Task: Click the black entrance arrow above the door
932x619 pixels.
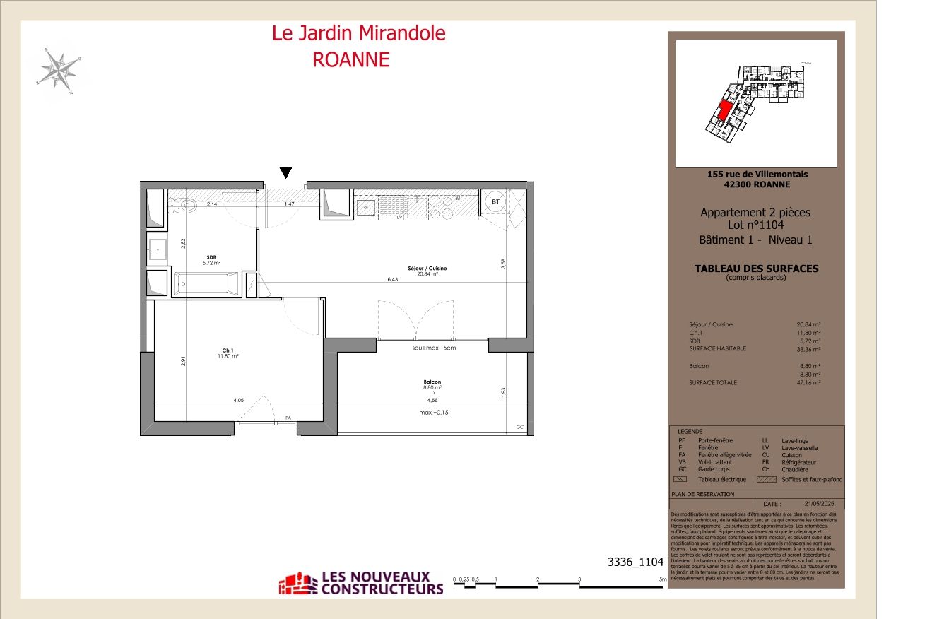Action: [285, 172]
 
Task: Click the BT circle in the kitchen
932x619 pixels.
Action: [496, 201]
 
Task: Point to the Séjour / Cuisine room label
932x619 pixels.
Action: [427, 269]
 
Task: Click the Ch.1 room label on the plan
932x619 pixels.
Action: [228, 350]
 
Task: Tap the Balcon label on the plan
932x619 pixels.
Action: [432, 382]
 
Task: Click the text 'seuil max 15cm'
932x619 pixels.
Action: [434, 348]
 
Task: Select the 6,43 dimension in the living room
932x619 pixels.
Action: [393, 280]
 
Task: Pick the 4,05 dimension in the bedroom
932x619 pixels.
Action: [239, 401]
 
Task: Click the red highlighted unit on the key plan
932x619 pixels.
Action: [723, 112]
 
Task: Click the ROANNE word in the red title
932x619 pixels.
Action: [351, 59]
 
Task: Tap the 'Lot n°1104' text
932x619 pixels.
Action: [755, 225]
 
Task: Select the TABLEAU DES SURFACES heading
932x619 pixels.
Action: [756, 269]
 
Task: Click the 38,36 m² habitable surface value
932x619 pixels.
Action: [808, 349]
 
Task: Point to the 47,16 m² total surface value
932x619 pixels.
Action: [808, 382]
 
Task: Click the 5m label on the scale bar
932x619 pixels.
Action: [662, 579]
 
